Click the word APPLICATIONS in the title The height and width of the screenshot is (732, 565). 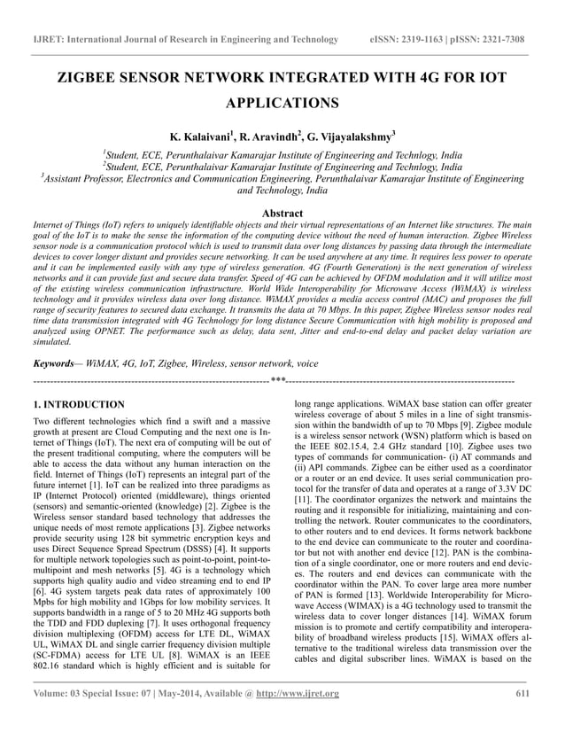click(x=282, y=104)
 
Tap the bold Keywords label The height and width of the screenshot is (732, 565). click(x=52, y=363)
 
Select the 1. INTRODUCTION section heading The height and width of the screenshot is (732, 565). click(x=79, y=405)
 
